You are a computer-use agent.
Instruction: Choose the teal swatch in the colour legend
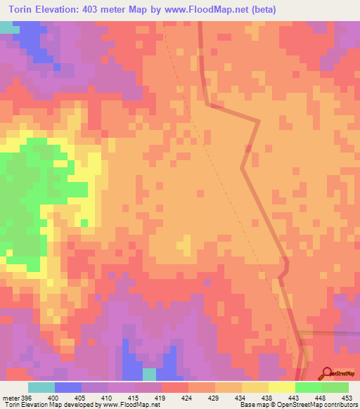click(41, 387)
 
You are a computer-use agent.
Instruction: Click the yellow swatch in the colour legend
click(282, 387)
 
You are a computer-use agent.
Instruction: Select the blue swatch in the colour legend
click(68, 387)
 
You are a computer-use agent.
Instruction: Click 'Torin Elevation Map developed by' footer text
click(51, 405)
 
